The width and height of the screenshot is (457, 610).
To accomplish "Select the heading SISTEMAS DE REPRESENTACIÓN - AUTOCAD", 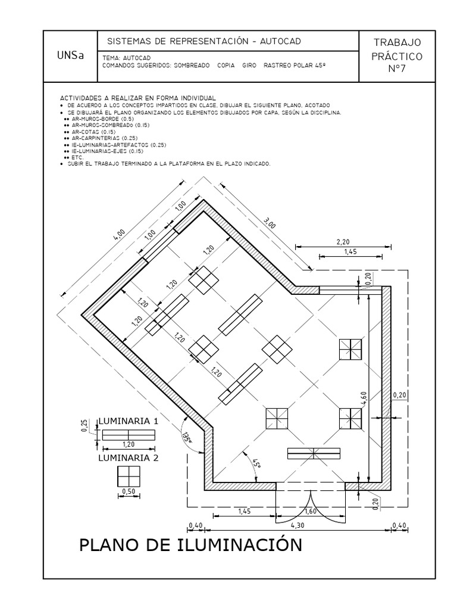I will click(x=204, y=41).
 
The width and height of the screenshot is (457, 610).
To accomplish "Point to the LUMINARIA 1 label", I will click(x=128, y=421).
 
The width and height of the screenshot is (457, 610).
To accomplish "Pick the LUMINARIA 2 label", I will click(x=128, y=458).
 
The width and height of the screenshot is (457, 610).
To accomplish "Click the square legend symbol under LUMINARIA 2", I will click(x=129, y=477).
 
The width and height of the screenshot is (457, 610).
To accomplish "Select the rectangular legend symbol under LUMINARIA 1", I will click(x=129, y=435).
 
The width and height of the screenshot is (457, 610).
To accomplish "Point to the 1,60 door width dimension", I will click(x=310, y=511).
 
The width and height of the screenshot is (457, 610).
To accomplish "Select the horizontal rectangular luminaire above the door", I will click(x=314, y=453).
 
